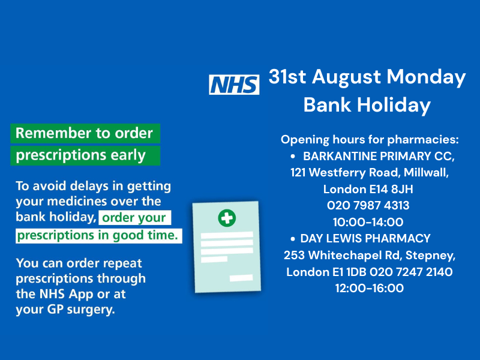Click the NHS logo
(234, 85)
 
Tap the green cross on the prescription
(227, 218)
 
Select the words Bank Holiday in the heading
(367, 106)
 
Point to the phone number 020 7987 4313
(368, 205)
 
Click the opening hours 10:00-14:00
(368, 222)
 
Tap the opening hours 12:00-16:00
(369, 288)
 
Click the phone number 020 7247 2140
(411, 272)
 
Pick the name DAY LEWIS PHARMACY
(365, 238)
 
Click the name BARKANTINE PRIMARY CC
(378, 156)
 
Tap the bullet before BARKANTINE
(293, 157)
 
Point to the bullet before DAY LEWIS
(293, 239)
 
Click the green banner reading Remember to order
(85, 133)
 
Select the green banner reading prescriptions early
(85, 155)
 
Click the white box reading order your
(134, 218)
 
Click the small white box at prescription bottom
(241, 278)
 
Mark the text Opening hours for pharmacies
(370, 140)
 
